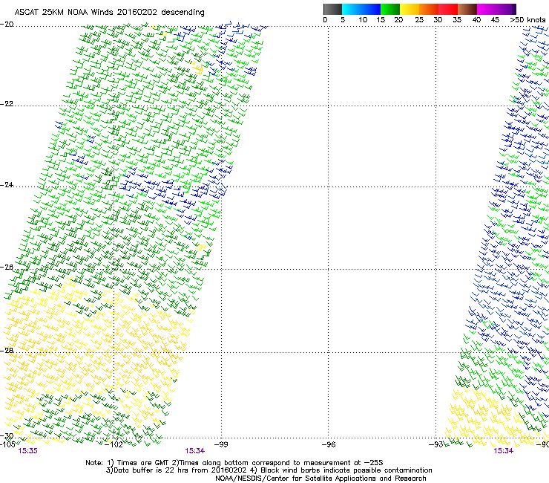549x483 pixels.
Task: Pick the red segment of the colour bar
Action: click(449, 8)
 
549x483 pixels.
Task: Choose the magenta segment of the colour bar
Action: click(487, 8)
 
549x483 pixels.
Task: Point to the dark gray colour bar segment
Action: click(333, 8)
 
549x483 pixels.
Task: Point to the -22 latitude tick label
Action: click(7, 105)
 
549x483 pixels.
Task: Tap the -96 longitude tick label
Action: click(329, 444)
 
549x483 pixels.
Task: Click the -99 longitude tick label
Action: click(221, 444)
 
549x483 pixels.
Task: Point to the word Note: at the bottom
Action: click(95, 462)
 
